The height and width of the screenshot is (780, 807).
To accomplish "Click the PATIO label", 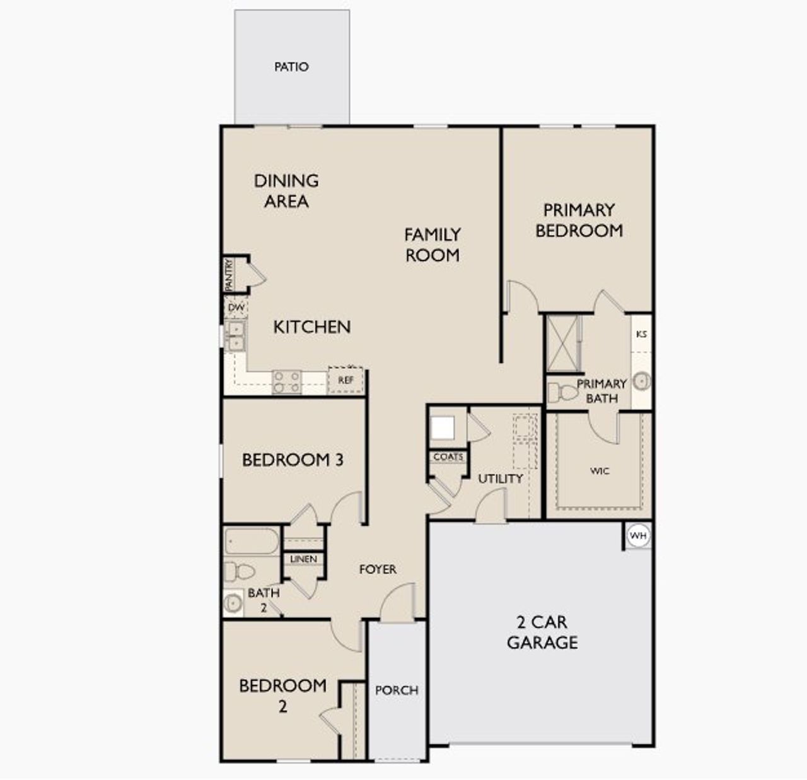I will pos(291,67).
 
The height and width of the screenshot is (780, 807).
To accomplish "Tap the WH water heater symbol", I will pos(638,536).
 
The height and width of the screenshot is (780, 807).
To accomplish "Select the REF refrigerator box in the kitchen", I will pos(345,380).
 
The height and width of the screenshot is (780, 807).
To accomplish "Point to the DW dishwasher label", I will pos(236,308).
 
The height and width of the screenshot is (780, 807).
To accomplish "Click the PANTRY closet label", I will pos(229,275).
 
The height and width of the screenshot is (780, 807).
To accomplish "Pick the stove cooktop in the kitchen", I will pos(286,382).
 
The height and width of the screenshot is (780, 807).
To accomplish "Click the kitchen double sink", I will pos(235,336).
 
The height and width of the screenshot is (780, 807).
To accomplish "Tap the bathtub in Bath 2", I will pos(252,542).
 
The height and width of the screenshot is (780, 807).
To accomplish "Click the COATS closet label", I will pos(448,457).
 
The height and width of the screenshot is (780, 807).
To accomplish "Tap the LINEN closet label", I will pos(303,559).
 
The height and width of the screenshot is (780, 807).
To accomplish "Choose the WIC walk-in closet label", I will pos(600,471).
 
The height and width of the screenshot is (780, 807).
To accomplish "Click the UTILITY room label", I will pos(500,479).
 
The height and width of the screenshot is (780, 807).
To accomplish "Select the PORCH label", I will pos(397,690).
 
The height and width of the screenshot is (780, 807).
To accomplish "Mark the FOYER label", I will pos(378,569).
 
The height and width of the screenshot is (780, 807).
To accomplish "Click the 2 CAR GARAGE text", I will pos(542,632).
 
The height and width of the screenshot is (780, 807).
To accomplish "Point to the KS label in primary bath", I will pos(641,334).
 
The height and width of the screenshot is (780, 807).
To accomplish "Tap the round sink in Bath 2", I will pos(233,603).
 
